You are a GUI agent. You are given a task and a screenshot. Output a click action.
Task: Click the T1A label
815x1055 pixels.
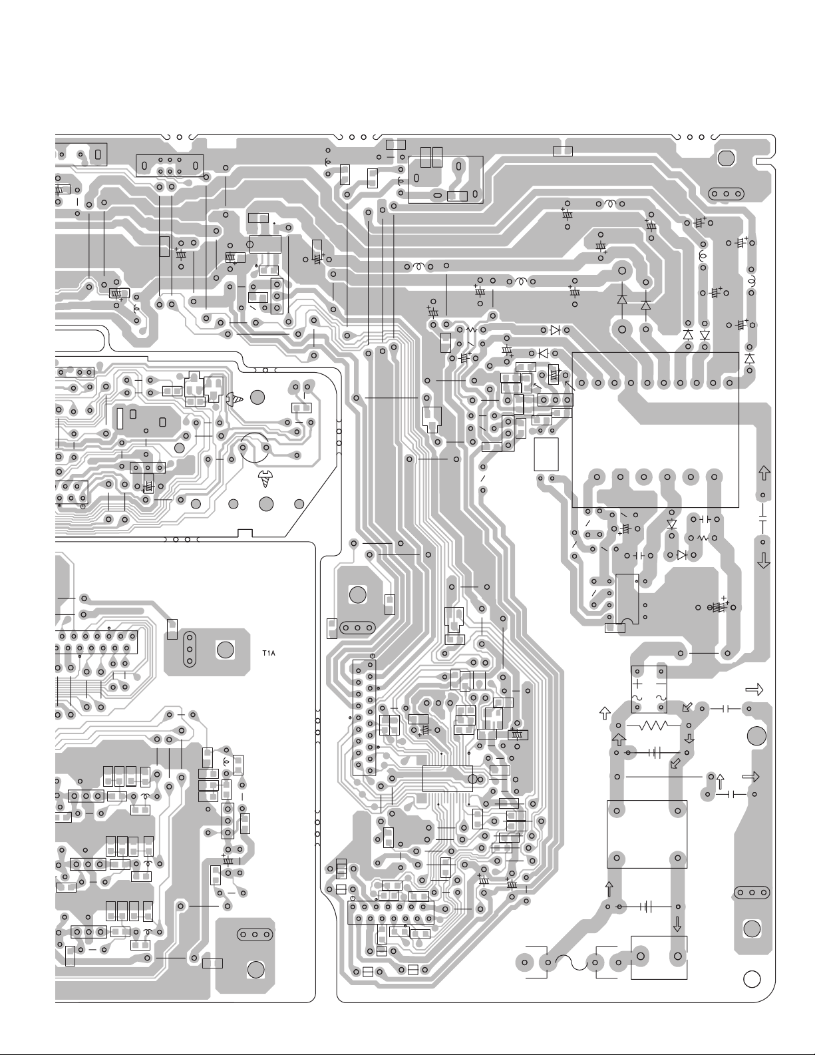(x=268, y=653)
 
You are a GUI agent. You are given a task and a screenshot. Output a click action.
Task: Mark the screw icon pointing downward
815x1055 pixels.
(x=265, y=479)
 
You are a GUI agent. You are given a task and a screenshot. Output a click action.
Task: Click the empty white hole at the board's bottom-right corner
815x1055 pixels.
(x=752, y=979)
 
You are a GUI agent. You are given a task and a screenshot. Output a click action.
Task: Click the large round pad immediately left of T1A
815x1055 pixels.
(x=225, y=650)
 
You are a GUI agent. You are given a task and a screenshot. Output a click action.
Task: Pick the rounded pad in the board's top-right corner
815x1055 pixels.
(x=726, y=158)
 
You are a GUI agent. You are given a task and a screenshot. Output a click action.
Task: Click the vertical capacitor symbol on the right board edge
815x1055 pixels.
(x=762, y=516)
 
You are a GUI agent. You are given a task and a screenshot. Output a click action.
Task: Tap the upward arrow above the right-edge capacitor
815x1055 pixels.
(x=764, y=473)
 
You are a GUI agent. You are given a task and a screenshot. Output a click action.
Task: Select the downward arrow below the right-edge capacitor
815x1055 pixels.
(x=764, y=560)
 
